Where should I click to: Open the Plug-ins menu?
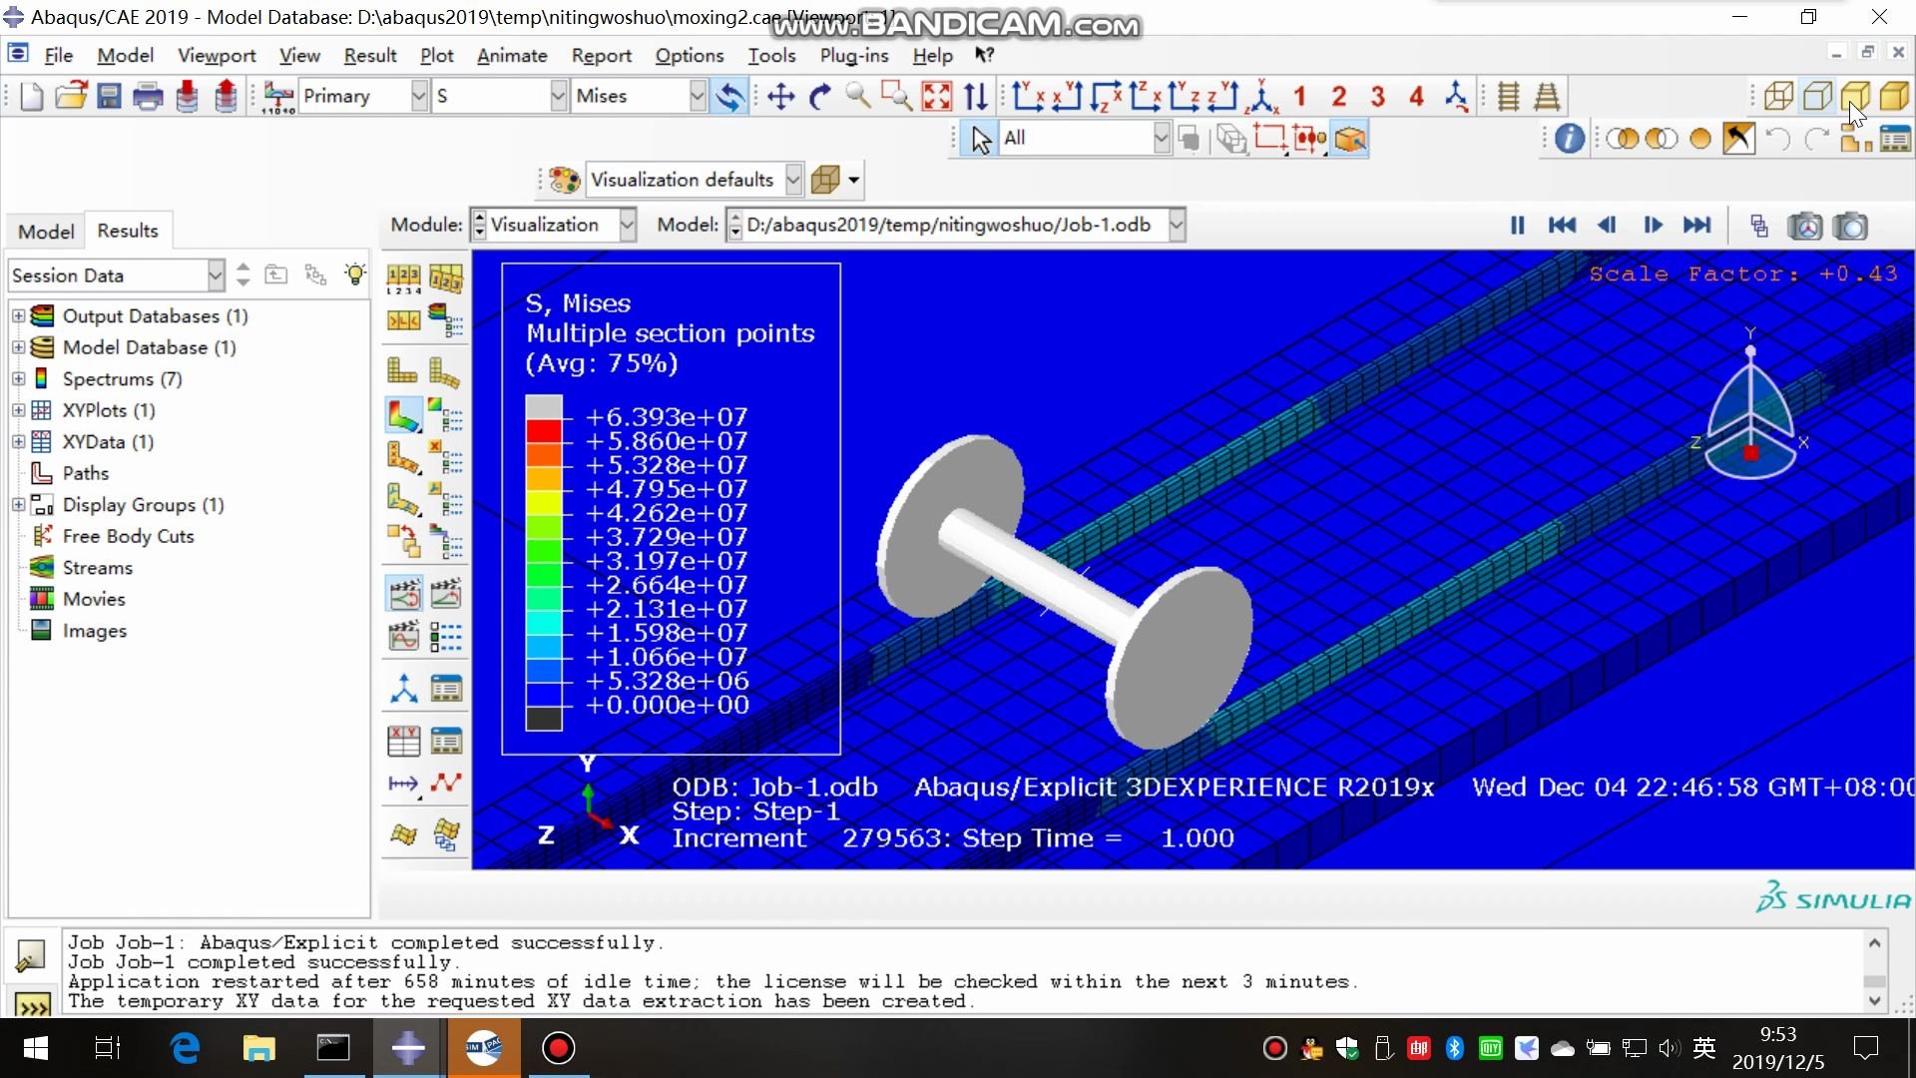[853, 56]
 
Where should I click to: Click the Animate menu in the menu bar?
[512, 56]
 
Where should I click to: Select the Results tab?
[128, 231]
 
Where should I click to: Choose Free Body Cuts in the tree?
[128, 536]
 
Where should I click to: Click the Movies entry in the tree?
[94, 599]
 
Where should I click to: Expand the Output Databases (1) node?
[18, 316]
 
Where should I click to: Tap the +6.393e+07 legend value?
[666, 417]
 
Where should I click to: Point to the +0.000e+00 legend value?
[666, 705]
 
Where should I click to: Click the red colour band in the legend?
[544, 431]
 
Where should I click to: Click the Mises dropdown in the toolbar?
[640, 96]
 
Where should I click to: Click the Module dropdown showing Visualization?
[554, 225]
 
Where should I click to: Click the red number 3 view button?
[1378, 97]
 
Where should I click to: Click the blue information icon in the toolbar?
[1569, 139]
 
